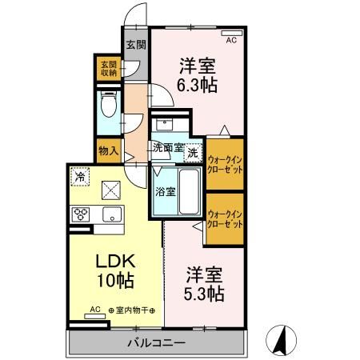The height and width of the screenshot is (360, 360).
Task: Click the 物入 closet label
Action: tap(109, 150)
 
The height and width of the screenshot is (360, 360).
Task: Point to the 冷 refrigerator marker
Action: tap(80, 176)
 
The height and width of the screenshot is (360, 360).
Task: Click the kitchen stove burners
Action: tap(82, 214)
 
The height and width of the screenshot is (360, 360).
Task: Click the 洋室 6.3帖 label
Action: tap(195, 74)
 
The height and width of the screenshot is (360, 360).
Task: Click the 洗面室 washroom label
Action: tap(168, 148)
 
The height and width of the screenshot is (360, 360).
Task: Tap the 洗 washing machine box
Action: tap(194, 150)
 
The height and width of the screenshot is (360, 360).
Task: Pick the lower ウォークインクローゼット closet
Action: tap(225, 219)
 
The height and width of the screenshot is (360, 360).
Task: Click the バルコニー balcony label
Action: tap(157, 343)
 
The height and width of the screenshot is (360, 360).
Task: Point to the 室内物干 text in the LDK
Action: tap(127, 310)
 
